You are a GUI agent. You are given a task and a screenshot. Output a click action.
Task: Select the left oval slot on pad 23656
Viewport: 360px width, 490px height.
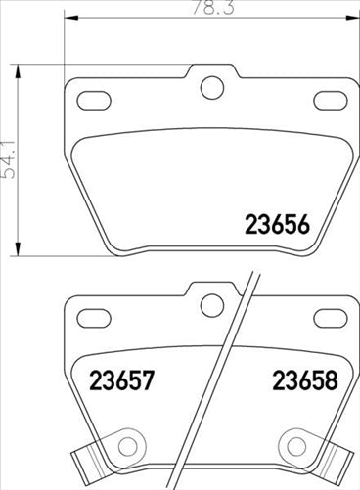[x=95, y=100]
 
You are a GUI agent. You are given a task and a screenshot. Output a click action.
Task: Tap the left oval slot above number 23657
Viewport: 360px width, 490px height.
[x=95, y=318]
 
